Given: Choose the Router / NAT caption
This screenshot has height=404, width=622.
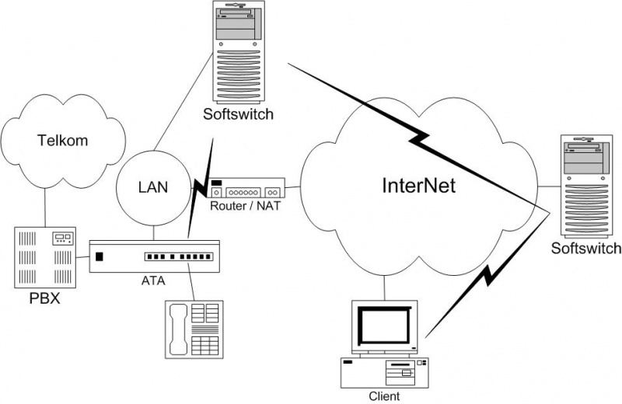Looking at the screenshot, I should (246, 206).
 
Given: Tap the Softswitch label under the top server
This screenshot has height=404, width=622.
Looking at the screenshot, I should (238, 116).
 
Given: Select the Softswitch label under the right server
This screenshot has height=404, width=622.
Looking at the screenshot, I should (586, 249).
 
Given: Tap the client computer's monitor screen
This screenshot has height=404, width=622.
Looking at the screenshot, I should (383, 326).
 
